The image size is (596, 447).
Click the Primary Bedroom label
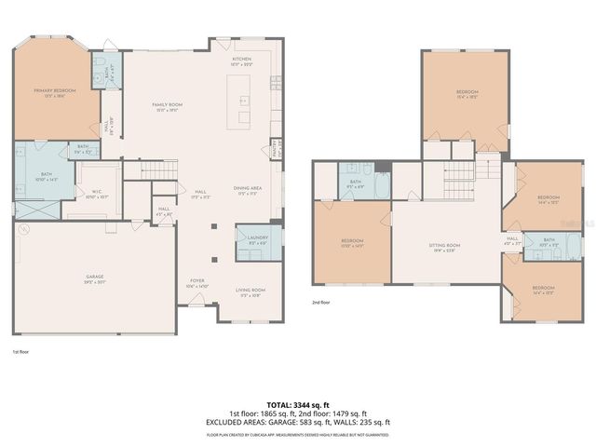pos(52,92)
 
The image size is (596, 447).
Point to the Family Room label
pos(167,106)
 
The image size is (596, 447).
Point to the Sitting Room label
pos(444,247)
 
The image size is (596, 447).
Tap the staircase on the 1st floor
pos(157,169)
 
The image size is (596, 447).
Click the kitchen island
pos(244,99)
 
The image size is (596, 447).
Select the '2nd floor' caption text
pos(322,303)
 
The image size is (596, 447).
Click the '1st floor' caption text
pos(20,352)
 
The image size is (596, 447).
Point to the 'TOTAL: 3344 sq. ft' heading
pos(298,405)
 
